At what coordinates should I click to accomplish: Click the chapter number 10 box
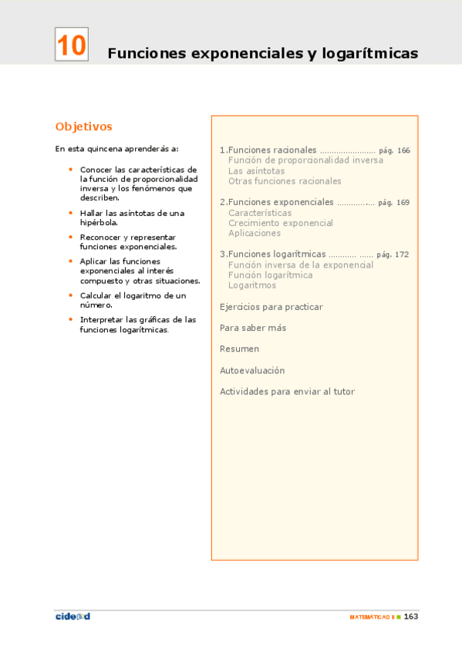71,45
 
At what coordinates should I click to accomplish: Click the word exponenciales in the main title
242,54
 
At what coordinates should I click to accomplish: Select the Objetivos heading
84,126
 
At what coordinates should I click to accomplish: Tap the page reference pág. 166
394,150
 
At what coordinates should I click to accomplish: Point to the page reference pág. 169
393,203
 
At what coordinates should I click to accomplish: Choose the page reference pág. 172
393,255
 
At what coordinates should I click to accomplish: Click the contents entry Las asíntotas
256,171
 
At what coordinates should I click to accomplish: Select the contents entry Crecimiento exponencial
281,223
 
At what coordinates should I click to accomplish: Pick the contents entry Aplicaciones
255,233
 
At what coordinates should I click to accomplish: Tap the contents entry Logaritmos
252,285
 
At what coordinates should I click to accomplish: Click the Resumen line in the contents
239,349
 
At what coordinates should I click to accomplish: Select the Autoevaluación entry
252,370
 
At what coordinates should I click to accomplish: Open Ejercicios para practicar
271,307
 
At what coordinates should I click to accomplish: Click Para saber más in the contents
253,328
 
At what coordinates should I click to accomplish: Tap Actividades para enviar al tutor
287,392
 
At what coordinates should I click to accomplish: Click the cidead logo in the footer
73,615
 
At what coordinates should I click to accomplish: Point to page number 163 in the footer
411,616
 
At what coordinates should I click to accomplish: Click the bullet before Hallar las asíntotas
71,213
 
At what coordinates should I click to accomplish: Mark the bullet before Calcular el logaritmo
71,295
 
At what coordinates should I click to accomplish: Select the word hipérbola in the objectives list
98,222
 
